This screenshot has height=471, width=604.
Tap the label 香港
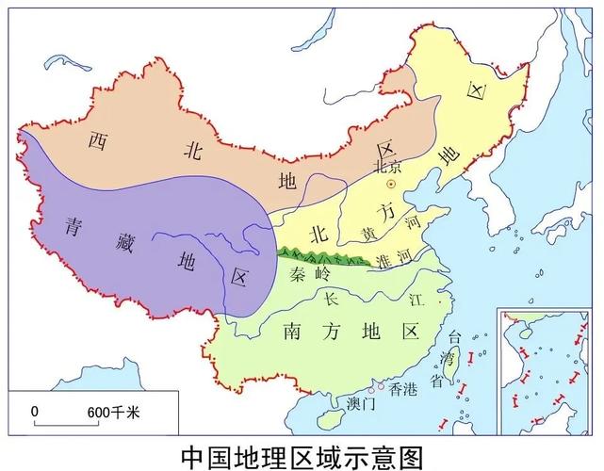tap(403, 387)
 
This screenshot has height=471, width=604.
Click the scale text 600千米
tap(113, 411)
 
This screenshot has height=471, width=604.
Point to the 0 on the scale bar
tap(35, 411)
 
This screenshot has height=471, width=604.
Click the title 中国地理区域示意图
tap(301, 454)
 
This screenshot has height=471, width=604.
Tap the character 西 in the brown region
tap(97, 140)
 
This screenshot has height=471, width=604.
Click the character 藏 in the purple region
tap(122, 241)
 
